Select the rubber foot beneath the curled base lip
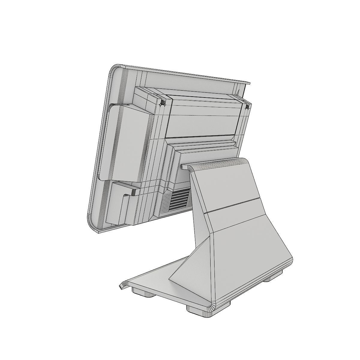click(143, 292)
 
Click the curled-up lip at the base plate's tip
click(122, 285)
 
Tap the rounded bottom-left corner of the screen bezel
click(91, 223)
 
